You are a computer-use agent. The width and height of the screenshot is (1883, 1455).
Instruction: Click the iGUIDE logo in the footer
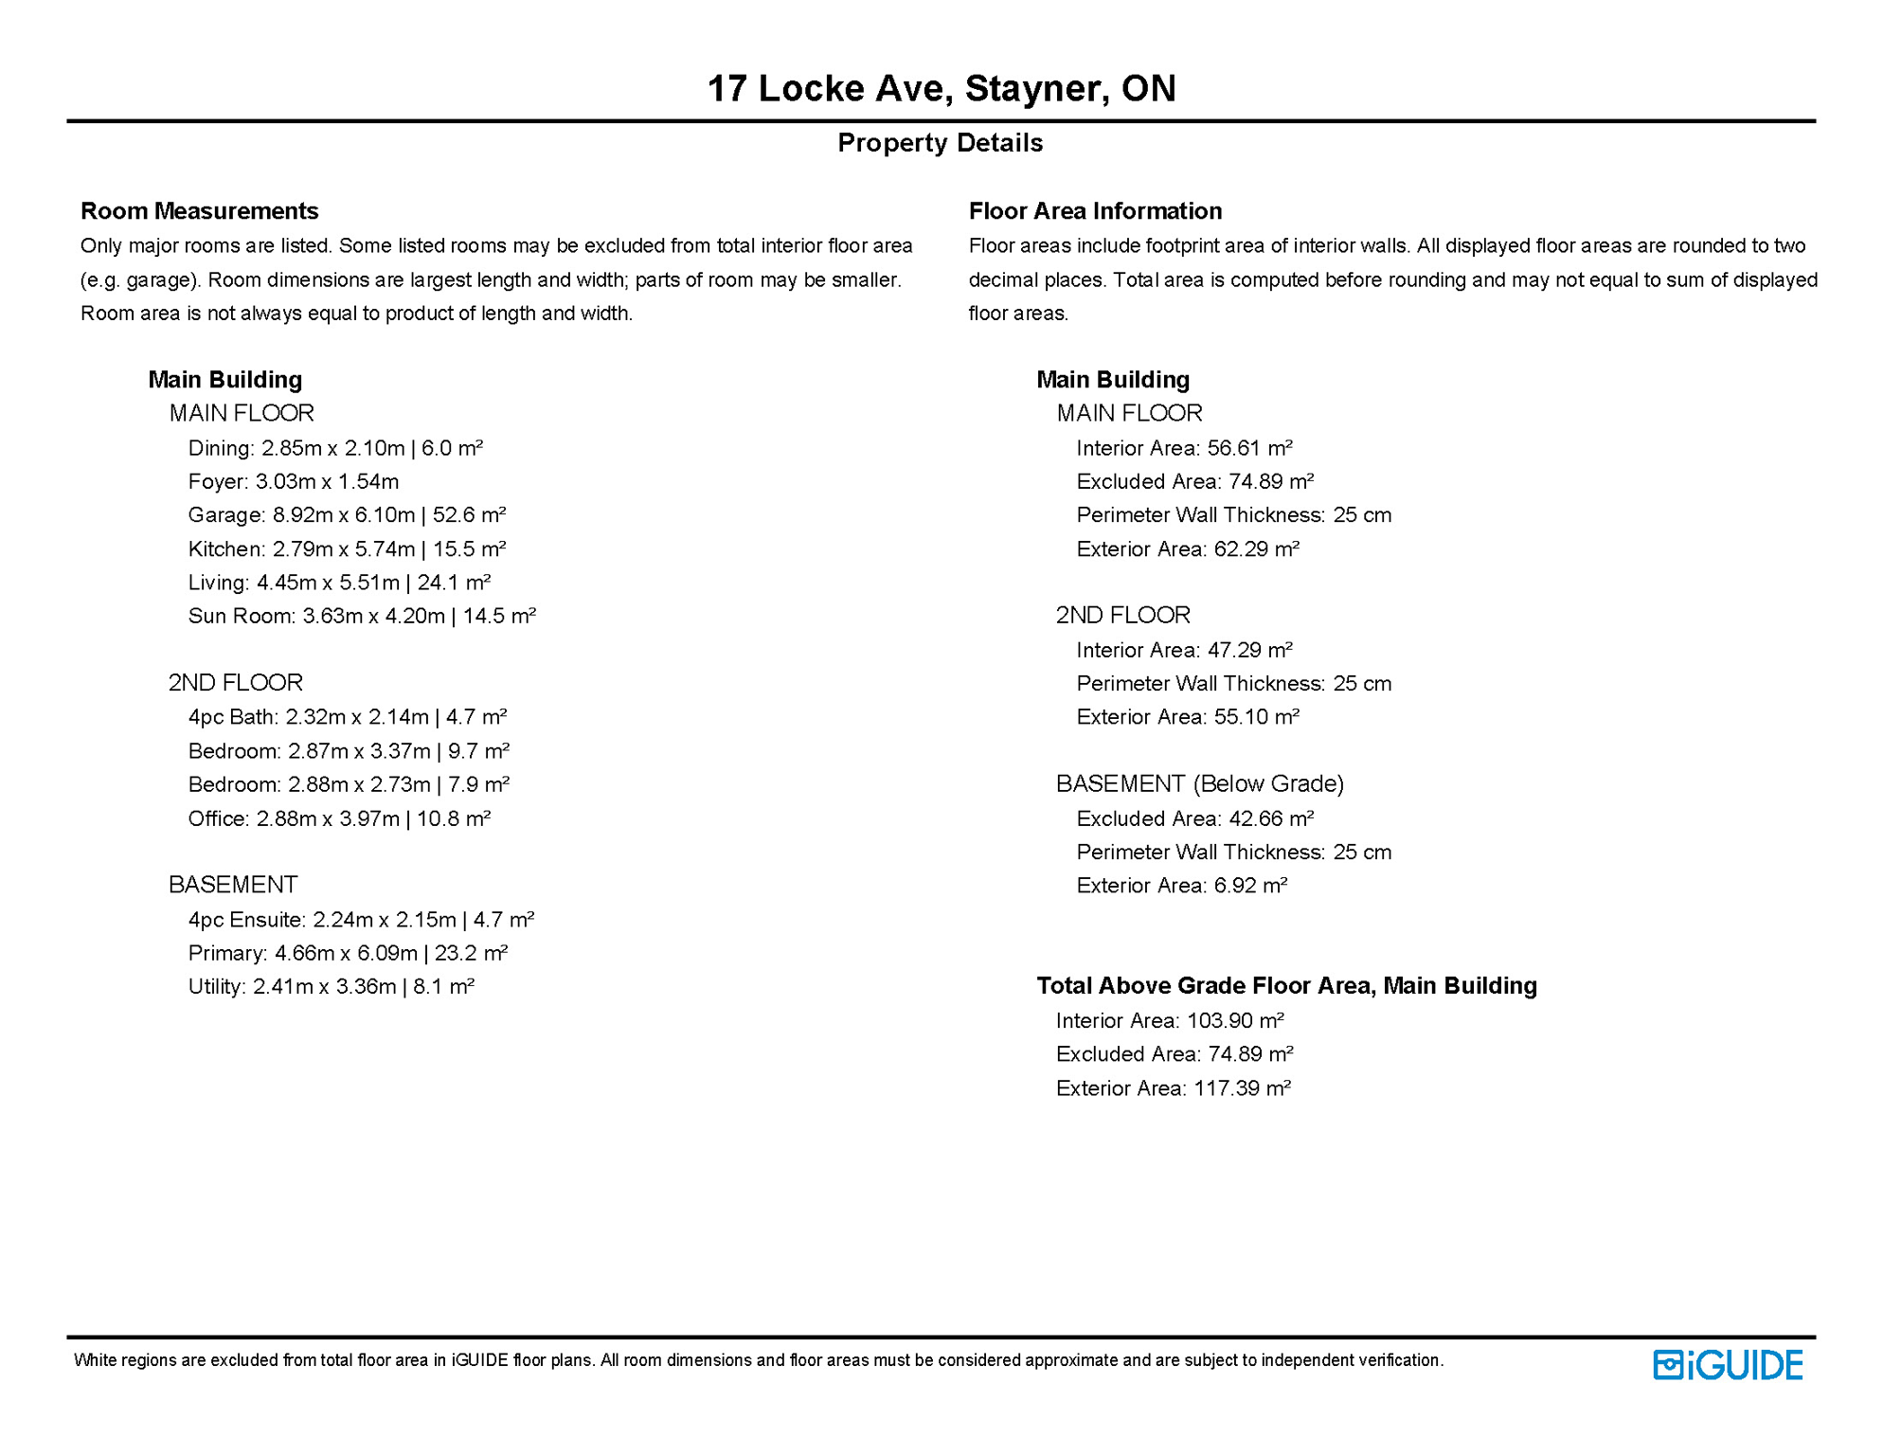1728,1365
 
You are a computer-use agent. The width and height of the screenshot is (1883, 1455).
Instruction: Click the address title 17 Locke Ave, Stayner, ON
941,89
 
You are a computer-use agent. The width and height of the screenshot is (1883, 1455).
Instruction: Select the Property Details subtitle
940,143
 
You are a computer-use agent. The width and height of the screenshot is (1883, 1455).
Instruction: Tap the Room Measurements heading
199,211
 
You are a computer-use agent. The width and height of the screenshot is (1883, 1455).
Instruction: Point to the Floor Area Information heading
1095,211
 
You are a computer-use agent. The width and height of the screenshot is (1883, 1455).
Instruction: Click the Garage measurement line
347,515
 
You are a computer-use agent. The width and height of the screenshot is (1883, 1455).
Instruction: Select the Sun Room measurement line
362,617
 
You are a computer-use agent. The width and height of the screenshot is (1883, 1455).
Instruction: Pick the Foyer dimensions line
294,482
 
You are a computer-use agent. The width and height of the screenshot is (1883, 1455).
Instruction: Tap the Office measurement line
339,818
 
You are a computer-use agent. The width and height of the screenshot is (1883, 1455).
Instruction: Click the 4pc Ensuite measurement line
361,920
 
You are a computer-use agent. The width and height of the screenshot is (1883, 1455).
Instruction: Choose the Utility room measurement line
331,987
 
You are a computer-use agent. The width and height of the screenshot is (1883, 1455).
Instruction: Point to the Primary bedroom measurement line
348,953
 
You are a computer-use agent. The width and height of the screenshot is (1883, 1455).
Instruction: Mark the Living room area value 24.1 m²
454,583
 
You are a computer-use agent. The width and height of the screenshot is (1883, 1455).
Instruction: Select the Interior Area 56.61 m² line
1184,448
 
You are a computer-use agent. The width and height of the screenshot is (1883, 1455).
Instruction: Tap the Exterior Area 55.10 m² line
1188,717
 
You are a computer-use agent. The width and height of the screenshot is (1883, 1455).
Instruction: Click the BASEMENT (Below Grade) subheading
1200,784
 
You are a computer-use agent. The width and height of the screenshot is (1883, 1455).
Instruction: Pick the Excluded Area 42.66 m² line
1194,818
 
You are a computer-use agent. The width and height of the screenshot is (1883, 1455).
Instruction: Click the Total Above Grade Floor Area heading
1286,986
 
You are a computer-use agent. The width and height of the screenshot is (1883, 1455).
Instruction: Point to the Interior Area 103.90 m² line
1170,1021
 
